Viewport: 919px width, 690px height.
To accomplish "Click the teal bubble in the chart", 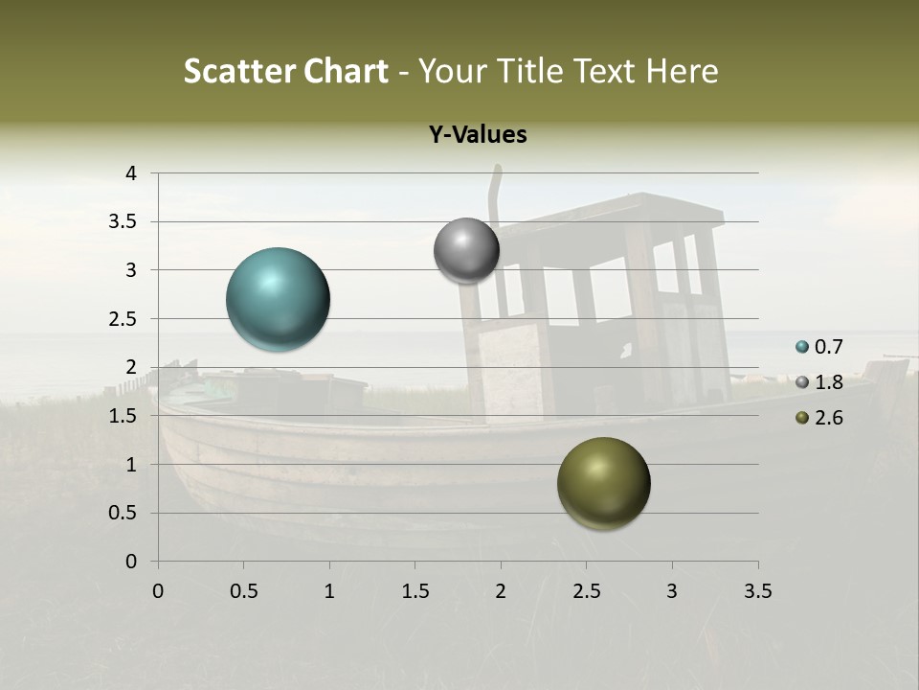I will coord(278,299).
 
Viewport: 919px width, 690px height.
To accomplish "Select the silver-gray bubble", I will coord(466,250).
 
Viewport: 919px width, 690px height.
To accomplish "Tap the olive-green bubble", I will coord(603,483).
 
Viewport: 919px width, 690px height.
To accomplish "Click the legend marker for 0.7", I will coord(802,347).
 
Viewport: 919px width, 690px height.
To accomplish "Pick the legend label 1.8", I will coord(829,382).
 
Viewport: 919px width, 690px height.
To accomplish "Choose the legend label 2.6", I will coord(829,418).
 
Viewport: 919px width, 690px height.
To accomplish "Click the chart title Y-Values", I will coord(477,135).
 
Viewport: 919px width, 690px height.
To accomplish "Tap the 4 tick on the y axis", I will coord(131,173).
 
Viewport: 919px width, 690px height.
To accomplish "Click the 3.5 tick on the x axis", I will coord(757,591).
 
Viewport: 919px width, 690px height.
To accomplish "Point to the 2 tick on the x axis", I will coord(501,591).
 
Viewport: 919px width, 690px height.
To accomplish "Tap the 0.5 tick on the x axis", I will coord(244,591).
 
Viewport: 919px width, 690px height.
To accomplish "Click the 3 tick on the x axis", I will coord(672,591).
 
